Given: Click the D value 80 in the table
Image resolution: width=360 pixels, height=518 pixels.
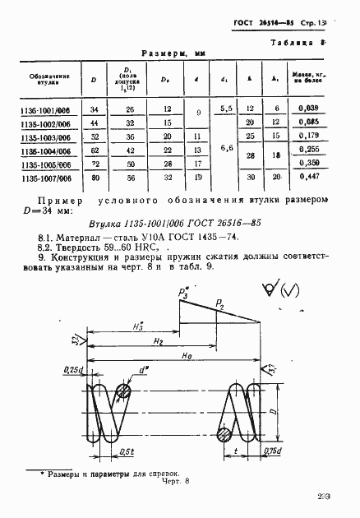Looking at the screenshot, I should [x=94, y=176].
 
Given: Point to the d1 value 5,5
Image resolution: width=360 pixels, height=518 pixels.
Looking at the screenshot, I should [x=225, y=109].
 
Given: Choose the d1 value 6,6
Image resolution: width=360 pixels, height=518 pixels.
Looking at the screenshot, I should [x=225, y=149].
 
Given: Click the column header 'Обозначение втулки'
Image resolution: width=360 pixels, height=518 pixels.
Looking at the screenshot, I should [x=48, y=79].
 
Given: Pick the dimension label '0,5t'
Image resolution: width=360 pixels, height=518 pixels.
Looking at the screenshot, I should [x=127, y=451].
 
